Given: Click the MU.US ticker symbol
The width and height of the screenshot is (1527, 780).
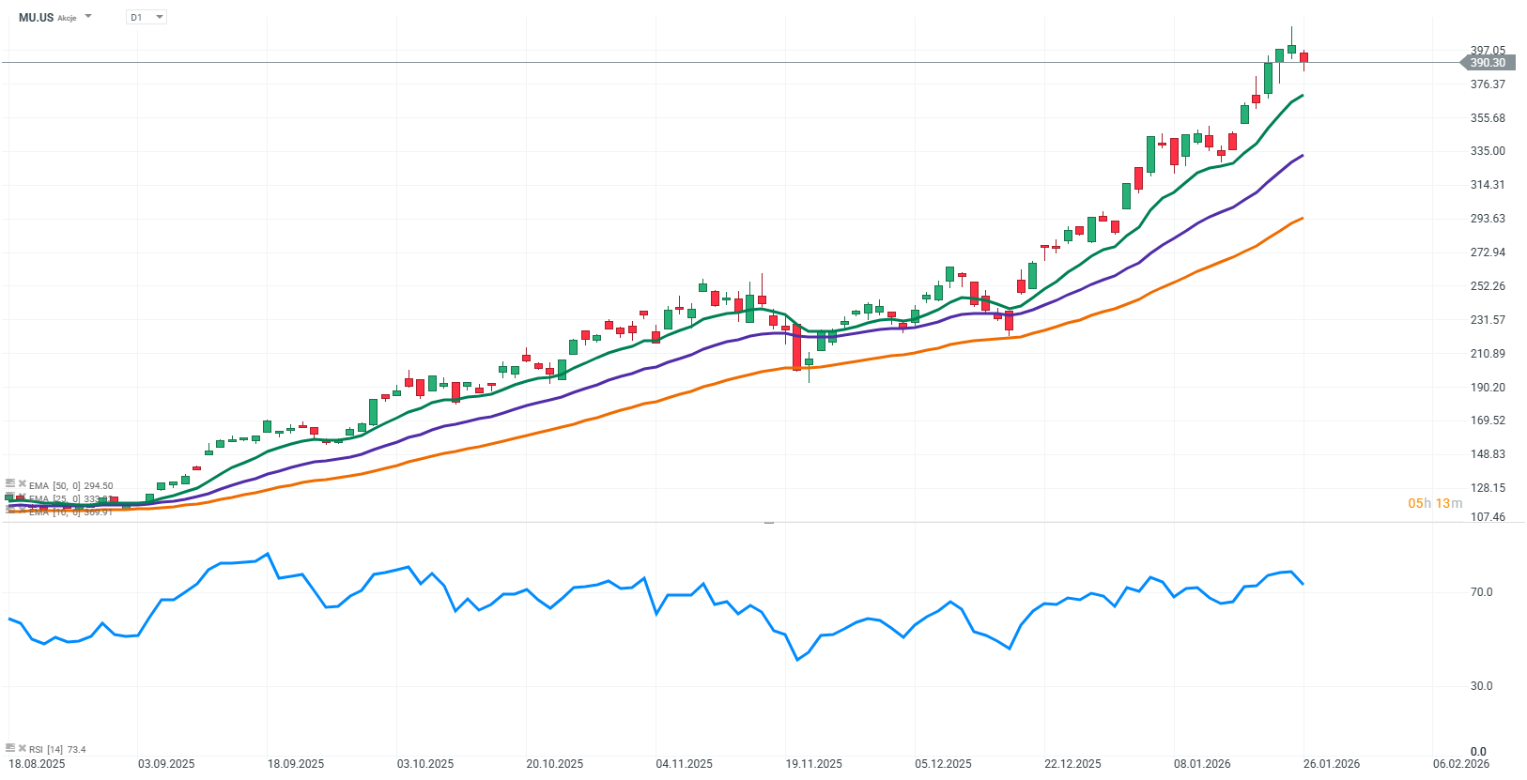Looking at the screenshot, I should pyautogui.click(x=37, y=17).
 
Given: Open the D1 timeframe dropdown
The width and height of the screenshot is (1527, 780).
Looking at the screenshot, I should pyautogui.click(x=147, y=17).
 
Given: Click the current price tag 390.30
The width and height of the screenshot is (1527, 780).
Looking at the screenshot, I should pyautogui.click(x=1487, y=63).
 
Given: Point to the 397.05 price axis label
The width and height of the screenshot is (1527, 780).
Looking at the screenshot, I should pyautogui.click(x=1488, y=50).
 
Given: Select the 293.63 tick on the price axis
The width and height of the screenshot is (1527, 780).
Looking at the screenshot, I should pyautogui.click(x=1488, y=219).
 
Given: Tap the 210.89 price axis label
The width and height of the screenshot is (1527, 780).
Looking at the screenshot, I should pyautogui.click(x=1488, y=354).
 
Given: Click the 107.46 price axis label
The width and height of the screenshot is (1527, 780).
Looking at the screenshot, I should pyautogui.click(x=1488, y=517).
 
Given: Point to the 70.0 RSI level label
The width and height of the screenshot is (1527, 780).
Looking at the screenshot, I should pyautogui.click(x=1481, y=592).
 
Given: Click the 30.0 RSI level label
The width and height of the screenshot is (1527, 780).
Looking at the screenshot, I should pyautogui.click(x=1481, y=686).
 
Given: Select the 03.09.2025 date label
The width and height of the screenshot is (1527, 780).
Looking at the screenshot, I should pyautogui.click(x=166, y=764).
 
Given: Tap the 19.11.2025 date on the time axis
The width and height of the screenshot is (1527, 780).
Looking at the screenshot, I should pyautogui.click(x=813, y=764).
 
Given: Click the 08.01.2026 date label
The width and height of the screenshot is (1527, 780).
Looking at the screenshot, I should pyautogui.click(x=1202, y=764).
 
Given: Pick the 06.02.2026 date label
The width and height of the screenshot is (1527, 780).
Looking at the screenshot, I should pyautogui.click(x=1460, y=764).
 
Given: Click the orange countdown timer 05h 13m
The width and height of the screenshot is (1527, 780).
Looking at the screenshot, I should pyautogui.click(x=1434, y=504).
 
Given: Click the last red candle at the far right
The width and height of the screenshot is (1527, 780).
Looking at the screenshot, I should pyautogui.click(x=1303, y=57).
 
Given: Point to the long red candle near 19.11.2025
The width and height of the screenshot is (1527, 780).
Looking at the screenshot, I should pyautogui.click(x=796, y=348).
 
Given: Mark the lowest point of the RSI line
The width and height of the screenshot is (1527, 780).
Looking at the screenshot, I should pyautogui.click(x=797, y=660).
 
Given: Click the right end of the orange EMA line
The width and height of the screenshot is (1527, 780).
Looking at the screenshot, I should pyautogui.click(x=1302, y=219).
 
